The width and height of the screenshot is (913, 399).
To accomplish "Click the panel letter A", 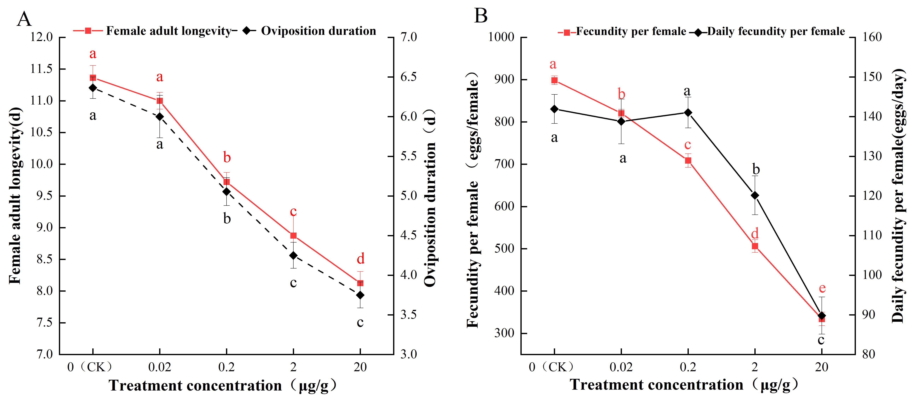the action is click(24, 19).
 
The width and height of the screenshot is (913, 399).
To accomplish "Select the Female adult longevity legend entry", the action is click(152, 31).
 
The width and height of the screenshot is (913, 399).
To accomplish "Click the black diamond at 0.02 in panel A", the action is click(160, 116).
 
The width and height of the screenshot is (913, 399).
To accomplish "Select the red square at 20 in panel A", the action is click(360, 283).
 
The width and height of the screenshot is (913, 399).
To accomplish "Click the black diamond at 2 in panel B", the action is click(755, 195).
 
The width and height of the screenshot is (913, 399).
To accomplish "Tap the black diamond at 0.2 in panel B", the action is click(688, 113).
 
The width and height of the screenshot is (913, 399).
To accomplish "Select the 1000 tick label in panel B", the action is click(501, 37).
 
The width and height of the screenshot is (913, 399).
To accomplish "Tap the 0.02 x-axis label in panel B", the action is click(621, 367).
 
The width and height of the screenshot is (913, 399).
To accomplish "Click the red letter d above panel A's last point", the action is click(360, 259).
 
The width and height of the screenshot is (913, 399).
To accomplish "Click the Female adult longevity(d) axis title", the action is click(15, 196).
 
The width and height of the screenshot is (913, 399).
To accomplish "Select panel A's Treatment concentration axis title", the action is click(223, 386).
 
